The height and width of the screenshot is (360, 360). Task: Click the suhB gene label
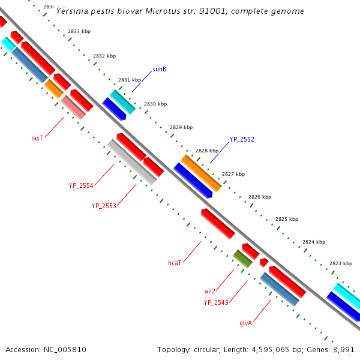click(159, 69)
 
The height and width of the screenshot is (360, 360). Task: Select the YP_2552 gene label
click(242, 139)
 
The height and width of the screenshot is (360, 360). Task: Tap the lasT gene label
click(37, 138)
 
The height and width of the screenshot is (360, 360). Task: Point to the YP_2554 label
click(81, 185)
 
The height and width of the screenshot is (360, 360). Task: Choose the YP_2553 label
click(104, 205)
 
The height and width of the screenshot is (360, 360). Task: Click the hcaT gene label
click(175, 263)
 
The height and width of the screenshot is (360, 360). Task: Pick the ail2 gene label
click(210, 291)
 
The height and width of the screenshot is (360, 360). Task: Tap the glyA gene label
click(245, 323)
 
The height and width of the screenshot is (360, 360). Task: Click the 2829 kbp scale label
click(181, 127)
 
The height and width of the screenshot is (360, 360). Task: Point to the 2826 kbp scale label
click(260, 197)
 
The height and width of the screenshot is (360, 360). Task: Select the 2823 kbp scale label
click(341, 263)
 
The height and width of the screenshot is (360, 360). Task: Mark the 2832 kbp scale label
click(104, 56)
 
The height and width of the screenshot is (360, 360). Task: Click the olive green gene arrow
click(242, 259)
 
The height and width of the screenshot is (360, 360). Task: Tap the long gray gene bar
click(132, 162)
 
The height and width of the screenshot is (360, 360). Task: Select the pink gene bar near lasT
click(73, 107)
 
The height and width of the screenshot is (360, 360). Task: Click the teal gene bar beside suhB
click(122, 102)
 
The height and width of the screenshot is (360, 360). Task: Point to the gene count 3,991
click(343, 349)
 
